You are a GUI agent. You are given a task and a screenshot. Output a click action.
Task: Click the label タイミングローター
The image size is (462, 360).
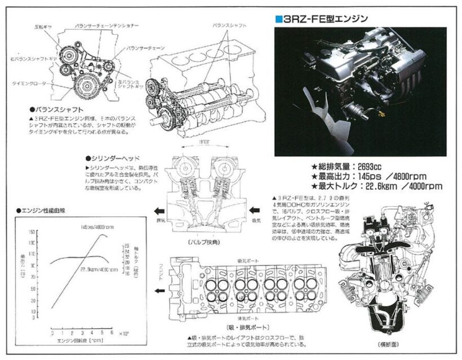(x=31, y=83)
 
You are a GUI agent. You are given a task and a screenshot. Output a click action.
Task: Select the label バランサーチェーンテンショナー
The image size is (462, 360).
(x=109, y=26)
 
